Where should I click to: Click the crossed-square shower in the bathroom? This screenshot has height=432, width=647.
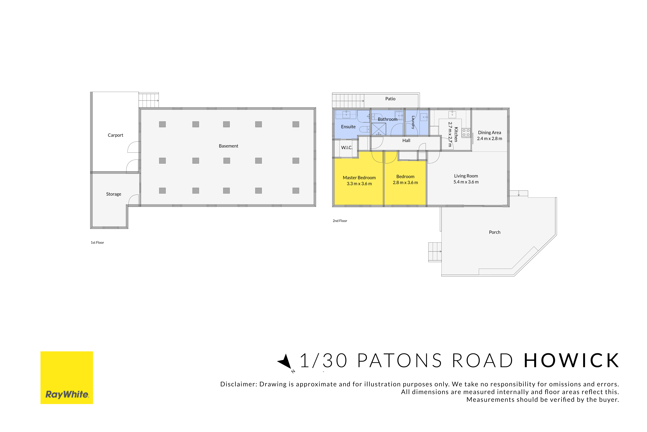pyautogui.click(x=379, y=129)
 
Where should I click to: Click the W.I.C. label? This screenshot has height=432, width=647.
pyautogui.click(x=347, y=148)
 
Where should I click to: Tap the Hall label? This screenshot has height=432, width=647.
pyautogui.click(x=406, y=141)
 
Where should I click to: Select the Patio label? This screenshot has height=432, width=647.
pyautogui.click(x=390, y=99)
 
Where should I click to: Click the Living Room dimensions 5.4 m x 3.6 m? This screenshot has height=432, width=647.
pyautogui.click(x=466, y=182)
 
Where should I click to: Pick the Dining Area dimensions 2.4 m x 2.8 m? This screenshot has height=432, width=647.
pyautogui.click(x=490, y=139)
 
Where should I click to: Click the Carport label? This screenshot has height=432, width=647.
pyautogui.click(x=116, y=135)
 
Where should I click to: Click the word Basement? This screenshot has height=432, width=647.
pyautogui.click(x=229, y=146)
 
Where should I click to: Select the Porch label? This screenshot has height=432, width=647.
pyautogui.click(x=495, y=232)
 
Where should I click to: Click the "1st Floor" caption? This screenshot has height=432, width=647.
pyautogui.click(x=97, y=242)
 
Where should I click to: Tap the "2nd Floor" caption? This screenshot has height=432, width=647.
pyautogui.click(x=340, y=221)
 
